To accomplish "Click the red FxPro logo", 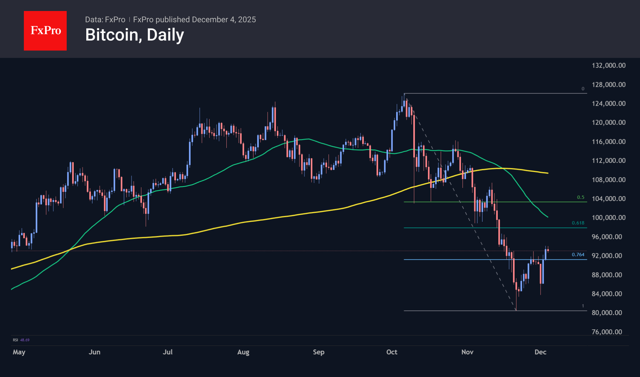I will [45, 31].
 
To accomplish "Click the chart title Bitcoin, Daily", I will [135, 35].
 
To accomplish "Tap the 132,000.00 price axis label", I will [608, 65].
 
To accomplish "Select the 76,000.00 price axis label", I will [607, 332].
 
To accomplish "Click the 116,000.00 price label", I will [608, 141].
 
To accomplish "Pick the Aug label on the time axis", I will [243, 352].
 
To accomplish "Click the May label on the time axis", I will [19, 352].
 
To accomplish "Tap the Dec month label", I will [540, 352].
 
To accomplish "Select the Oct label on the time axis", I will [392, 352].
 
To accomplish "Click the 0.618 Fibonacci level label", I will [578, 223].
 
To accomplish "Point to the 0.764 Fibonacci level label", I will [578, 254].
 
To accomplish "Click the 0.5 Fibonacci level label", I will [580, 197].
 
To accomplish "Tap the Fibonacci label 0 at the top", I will [583, 89].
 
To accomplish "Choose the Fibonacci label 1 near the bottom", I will [583, 306].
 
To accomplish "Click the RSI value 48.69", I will [25, 340].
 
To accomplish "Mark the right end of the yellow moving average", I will [547, 173].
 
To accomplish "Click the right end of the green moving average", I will [547, 217].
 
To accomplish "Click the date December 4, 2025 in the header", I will [224, 20].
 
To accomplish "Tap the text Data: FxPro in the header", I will [105, 20].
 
